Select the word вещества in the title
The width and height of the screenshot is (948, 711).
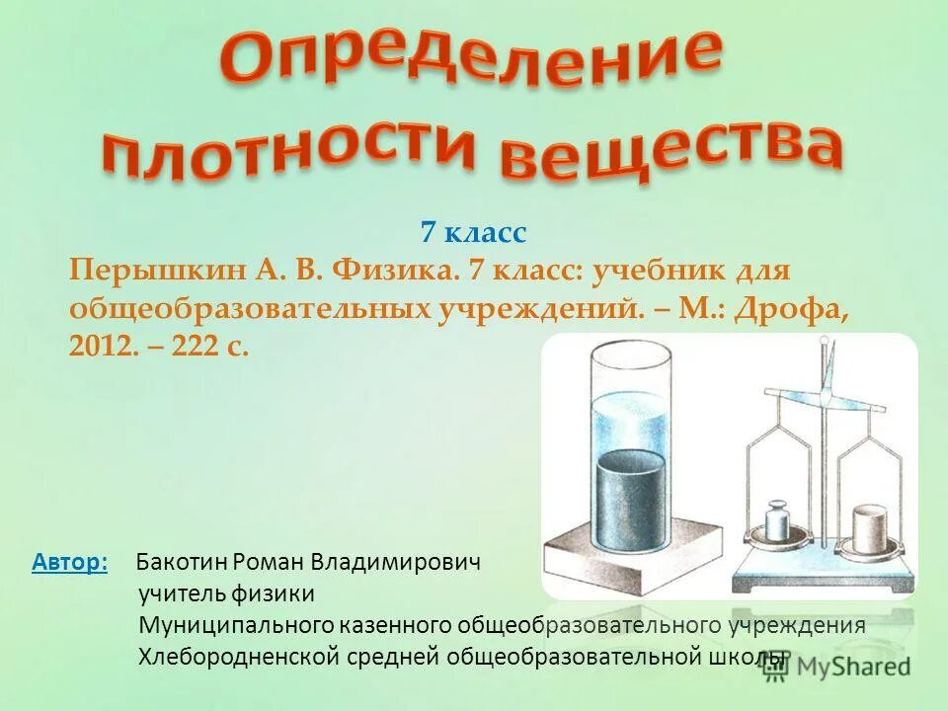[671, 151]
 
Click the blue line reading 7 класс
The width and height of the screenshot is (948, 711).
[474, 233]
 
